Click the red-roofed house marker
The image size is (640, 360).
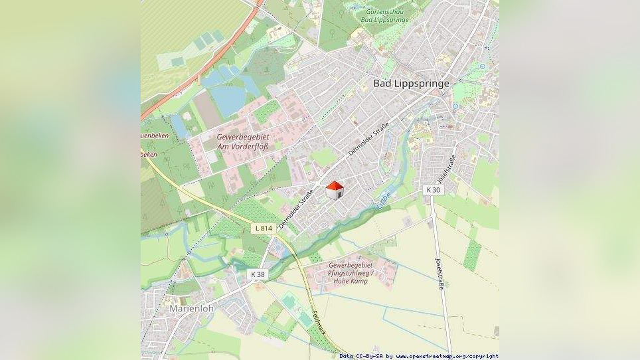(335, 190)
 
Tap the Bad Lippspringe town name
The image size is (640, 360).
(411, 84)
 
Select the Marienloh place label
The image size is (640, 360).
(191, 309)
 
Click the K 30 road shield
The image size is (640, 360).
(433, 190)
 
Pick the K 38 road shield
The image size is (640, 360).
(258, 274)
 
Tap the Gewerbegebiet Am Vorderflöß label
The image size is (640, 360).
(242, 141)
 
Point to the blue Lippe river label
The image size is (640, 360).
(384, 200)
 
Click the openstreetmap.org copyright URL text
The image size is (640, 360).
(447, 356)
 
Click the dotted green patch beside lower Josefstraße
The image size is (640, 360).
(472, 255)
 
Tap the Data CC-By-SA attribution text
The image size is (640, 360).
(361, 356)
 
